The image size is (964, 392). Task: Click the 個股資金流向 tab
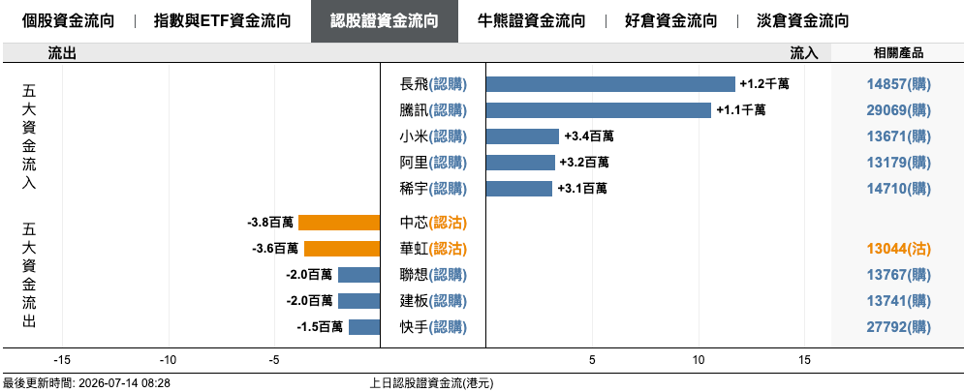click(x=68, y=21)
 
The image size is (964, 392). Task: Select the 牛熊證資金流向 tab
click(x=531, y=21)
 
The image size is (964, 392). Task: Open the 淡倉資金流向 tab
click(x=803, y=21)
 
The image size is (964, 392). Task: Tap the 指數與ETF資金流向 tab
click(x=223, y=21)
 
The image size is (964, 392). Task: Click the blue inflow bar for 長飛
click(x=610, y=84)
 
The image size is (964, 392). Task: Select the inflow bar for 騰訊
click(x=598, y=110)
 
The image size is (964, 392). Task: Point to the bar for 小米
click(x=522, y=136)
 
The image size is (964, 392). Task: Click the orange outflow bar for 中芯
click(x=339, y=223)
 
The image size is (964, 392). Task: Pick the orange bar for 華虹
click(x=342, y=249)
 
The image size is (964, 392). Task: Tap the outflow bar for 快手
click(x=364, y=327)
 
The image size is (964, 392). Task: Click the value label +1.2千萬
click(x=764, y=84)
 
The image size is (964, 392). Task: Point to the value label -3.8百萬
click(x=270, y=223)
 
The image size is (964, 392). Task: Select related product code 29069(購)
click(x=899, y=110)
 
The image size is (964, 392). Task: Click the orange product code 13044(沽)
click(x=899, y=249)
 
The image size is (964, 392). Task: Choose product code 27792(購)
click(x=899, y=327)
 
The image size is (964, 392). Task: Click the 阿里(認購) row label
click(x=433, y=163)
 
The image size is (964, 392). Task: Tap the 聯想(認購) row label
click(x=433, y=275)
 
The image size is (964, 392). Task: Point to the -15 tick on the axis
click(x=62, y=360)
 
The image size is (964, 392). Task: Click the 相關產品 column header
click(x=898, y=53)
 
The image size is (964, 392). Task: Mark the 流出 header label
click(x=62, y=53)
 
